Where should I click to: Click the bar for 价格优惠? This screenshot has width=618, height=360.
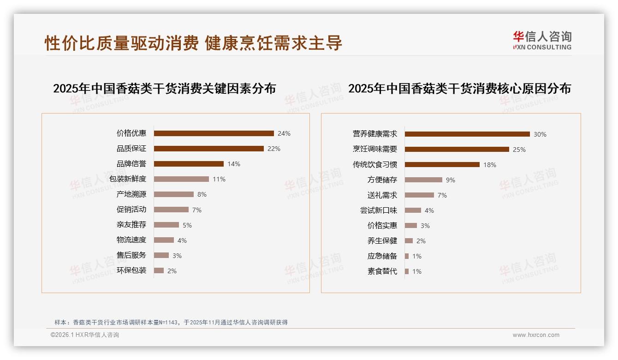pyautogui.click(x=214, y=133)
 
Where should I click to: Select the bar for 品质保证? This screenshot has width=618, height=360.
pyautogui.click(x=208, y=149)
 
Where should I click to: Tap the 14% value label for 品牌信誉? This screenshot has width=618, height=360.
pyautogui.click(x=233, y=164)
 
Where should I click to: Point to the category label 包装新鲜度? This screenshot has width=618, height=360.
pyautogui.click(x=128, y=179)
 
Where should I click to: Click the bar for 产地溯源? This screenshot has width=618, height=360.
pyautogui.click(x=173, y=194)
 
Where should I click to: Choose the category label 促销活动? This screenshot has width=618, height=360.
pyautogui.click(x=131, y=209)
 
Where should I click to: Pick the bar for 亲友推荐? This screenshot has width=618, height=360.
pyautogui.click(x=166, y=225)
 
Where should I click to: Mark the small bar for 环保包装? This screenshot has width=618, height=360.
pyautogui.click(x=159, y=270)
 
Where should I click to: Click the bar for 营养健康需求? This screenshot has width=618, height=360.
pyautogui.click(x=467, y=134)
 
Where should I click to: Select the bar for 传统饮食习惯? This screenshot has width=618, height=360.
pyautogui.click(x=442, y=164)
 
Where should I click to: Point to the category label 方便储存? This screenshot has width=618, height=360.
pyautogui.click(x=382, y=180)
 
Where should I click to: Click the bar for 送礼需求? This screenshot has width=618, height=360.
pyautogui.click(x=419, y=195)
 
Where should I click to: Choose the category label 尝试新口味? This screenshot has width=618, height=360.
pyautogui.click(x=378, y=210)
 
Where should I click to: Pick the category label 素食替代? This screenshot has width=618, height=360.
pyautogui.click(x=382, y=271)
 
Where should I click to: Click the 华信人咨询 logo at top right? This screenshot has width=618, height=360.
pyautogui.click(x=542, y=40)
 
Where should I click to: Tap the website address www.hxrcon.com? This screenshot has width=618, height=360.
pyautogui.click(x=536, y=335)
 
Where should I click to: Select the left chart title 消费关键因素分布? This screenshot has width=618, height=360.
pyautogui.click(x=164, y=88)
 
